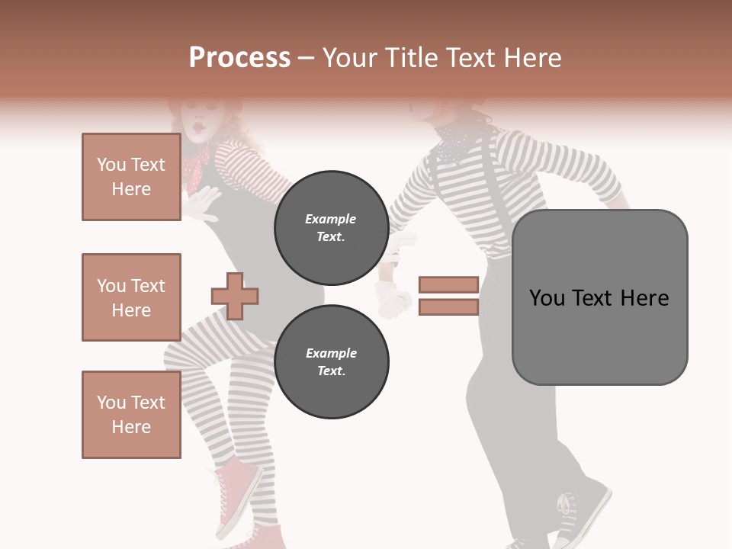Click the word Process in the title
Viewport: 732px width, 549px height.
239,57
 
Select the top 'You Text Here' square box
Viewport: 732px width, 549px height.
131,177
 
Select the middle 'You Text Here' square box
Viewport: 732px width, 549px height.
131,297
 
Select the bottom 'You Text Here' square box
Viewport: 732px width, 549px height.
131,414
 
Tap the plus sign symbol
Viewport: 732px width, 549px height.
235,295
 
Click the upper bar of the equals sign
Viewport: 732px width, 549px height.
448,284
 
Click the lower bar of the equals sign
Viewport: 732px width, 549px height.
448,307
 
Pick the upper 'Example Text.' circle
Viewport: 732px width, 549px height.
331,228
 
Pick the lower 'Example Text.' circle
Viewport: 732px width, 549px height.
331,362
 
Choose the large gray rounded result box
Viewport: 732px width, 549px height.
599,297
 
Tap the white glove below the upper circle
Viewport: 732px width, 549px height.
393,299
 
